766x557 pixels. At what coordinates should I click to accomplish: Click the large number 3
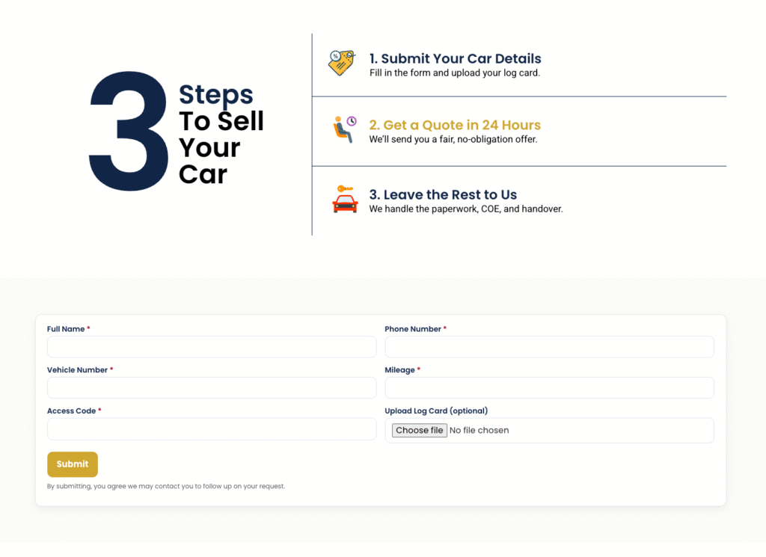pos(129,131)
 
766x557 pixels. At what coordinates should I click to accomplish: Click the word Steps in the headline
pos(215,95)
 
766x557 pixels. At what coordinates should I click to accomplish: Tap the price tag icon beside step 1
pos(341,63)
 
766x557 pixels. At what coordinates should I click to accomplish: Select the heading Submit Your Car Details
pos(455,58)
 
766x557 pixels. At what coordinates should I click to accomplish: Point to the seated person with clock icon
pos(344,129)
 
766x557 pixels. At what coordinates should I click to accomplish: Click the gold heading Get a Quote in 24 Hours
pos(455,125)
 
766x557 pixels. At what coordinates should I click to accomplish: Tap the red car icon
pos(345,199)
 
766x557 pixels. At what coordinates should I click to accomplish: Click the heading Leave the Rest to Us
pos(443,195)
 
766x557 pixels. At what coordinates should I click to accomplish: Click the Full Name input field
pos(212,347)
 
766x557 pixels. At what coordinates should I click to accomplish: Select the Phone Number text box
pos(549,347)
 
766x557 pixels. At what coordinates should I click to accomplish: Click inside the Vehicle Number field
pos(212,387)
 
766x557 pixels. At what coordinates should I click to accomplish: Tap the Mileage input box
pos(549,387)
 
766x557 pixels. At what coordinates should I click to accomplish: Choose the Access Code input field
pos(212,428)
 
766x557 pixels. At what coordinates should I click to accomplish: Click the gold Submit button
pos(73,464)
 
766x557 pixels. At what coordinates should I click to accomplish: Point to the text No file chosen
pos(479,430)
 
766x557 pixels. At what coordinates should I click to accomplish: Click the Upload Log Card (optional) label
pos(436,411)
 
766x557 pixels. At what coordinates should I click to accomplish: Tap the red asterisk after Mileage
pos(419,369)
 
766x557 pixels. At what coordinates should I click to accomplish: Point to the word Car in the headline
pos(203,174)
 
